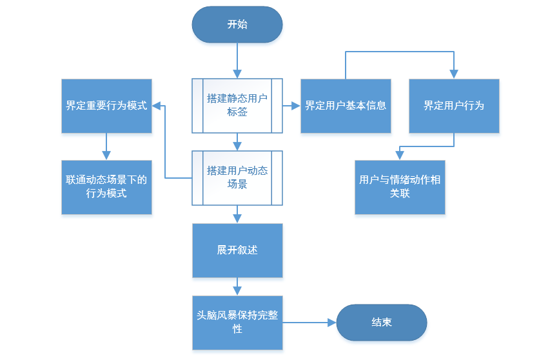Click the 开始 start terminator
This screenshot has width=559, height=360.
click(237, 25)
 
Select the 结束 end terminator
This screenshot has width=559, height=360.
click(382, 322)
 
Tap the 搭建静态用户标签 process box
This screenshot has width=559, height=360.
click(237, 106)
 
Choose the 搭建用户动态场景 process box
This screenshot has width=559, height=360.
click(237, 177)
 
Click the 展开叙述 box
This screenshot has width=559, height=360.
click(237, 250)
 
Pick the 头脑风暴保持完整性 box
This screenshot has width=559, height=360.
click(237, 323)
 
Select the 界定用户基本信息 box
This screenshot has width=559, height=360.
click(346, 106)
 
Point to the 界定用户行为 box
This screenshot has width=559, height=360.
click(454, 106)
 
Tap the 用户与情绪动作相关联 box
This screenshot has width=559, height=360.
click(400, 187)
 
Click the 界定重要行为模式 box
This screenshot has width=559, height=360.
click(106, 106)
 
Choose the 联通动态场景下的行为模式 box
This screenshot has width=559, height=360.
click(106, 187)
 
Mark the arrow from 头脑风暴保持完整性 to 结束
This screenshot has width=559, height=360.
click(309, 322)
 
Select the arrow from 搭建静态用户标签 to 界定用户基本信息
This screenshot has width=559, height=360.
click(292, 106)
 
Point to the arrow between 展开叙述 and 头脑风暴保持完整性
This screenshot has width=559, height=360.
click(237, 286)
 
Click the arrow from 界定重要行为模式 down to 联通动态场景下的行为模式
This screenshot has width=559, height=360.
click(106, 146)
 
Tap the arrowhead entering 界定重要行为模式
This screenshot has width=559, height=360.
click(157, 106)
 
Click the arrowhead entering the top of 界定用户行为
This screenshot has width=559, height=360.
click(454, 74)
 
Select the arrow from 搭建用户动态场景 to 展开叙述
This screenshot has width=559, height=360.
click(237, 214)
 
